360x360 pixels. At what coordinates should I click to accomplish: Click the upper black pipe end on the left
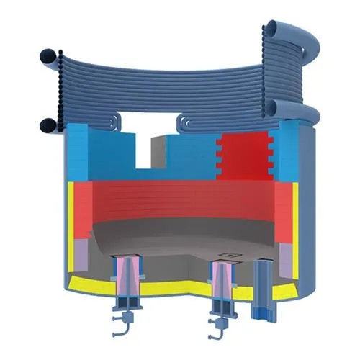(x=47, y=55)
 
